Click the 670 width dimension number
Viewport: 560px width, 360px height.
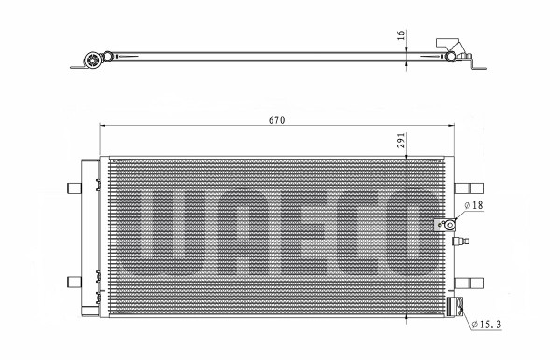click(277, 120)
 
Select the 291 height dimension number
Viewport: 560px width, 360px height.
click(401, 140)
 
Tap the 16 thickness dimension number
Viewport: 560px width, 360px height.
click(401, 35)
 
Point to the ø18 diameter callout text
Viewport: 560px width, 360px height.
click(473, 205)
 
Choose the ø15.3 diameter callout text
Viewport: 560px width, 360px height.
click(486, 325)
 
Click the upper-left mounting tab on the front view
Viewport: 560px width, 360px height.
click(75, 188)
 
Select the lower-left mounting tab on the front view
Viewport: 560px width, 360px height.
click(75, 282)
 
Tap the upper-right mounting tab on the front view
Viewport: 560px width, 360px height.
click(469, 188)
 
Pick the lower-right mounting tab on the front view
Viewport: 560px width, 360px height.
click(469, 284)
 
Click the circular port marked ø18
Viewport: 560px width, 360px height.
click(449, 225)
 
